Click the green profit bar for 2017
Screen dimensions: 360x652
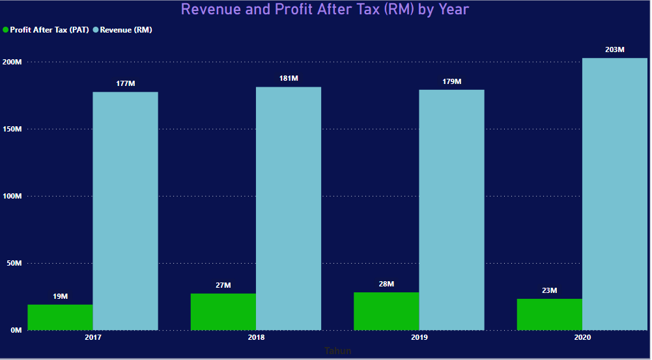60,317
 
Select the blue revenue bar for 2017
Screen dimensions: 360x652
125,211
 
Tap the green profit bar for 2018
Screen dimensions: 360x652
223,312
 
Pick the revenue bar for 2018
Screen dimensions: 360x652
289,208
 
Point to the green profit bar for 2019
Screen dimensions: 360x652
386,311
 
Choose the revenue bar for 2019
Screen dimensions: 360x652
451,210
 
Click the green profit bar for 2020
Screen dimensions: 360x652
549,314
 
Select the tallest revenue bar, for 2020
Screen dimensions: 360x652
615,194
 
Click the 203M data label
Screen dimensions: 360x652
615,49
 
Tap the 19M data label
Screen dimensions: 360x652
60,296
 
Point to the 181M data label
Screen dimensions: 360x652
289,78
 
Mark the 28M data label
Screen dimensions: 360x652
386,284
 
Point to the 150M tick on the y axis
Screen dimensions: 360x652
12,129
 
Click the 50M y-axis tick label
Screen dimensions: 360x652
14,263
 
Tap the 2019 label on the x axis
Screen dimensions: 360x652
419,338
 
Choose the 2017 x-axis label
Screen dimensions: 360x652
93,338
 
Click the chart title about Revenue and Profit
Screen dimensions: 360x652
324,9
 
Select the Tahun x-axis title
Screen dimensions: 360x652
337,351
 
